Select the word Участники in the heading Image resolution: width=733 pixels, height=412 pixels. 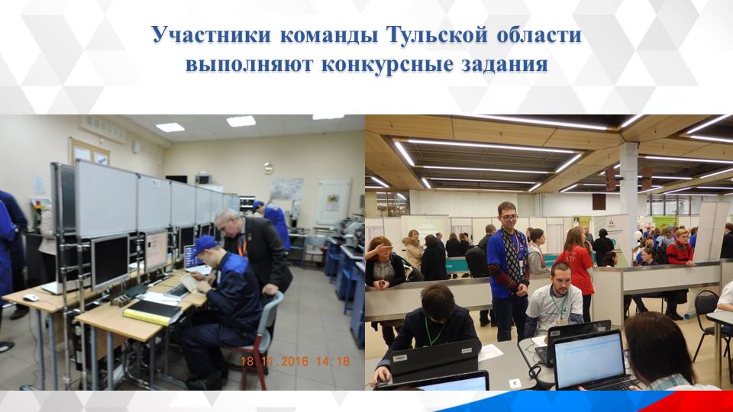[x=201, y=36]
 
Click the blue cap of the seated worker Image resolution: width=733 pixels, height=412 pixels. [x=204, y=245]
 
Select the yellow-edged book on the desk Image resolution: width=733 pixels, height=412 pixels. [x=153, y=310]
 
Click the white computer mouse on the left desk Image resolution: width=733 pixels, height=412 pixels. [x=31, y=298]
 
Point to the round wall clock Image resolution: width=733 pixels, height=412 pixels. [x=268, y=168]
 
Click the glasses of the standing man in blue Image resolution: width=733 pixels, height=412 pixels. [x=508, y=215]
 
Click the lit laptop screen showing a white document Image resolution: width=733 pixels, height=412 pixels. [x=589, y=359]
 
